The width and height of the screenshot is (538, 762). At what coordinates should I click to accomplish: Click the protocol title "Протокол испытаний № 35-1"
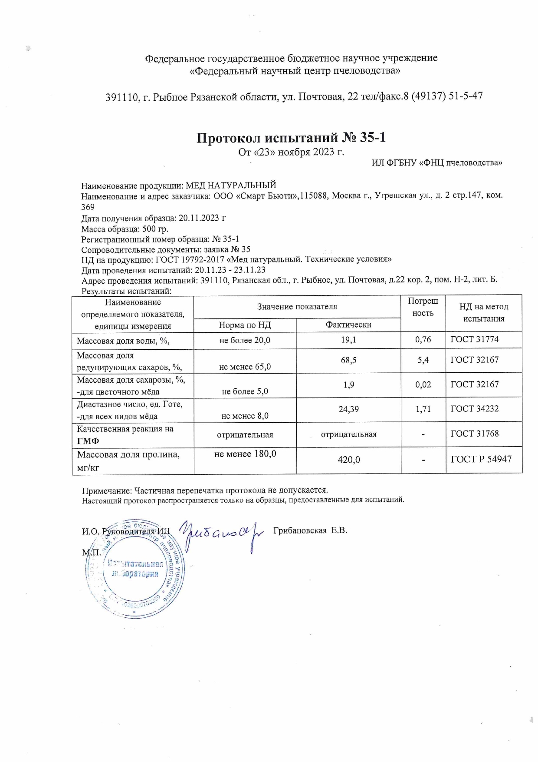[291, 138]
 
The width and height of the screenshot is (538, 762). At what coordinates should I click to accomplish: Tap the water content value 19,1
[348, 340]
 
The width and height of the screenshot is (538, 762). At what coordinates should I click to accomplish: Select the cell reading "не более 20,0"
[245, 340]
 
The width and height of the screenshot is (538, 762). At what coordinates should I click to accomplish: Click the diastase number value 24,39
[348, 409]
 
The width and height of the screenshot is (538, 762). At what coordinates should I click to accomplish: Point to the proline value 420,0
[348, 459]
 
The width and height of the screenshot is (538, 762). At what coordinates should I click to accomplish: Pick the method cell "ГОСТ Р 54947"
[481, 459]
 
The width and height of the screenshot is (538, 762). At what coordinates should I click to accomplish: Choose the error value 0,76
[423, 340]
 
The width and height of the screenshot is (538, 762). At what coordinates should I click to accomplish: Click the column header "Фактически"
[348, 325]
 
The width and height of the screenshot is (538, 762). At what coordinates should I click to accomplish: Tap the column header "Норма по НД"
[245, 325]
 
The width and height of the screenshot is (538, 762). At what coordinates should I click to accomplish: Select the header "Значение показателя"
[297, 307]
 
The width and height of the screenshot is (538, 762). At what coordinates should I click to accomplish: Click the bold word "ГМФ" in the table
[88, 441]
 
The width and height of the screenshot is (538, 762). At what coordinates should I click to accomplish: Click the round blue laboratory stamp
[134, 569]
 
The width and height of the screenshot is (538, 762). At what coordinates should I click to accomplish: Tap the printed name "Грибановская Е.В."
[310, 530]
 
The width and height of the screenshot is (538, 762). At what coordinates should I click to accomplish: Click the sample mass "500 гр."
[155, 229]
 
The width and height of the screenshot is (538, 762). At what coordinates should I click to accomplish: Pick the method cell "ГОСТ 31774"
[475, 340]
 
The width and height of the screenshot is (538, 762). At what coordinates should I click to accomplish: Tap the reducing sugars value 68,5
[348, 360]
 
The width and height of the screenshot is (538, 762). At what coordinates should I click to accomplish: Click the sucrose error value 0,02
[423, 384]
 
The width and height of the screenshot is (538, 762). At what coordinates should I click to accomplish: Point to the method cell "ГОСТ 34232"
[475, 409]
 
